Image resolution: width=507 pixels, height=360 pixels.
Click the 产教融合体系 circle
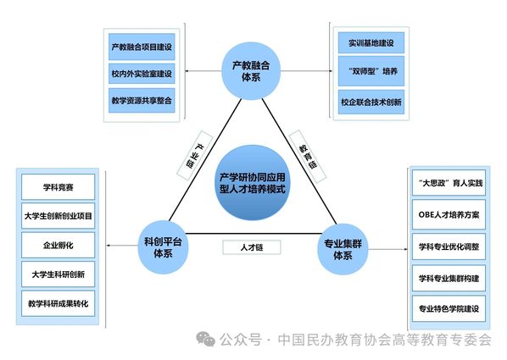point(251,71)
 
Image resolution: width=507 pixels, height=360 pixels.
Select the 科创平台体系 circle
point(163,247)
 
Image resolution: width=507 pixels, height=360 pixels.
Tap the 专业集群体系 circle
point(343,249)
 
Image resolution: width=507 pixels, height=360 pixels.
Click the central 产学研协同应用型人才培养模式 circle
point(253,183)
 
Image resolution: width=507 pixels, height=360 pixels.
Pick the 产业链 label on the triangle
point(195,155)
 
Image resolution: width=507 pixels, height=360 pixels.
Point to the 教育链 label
point(308,155)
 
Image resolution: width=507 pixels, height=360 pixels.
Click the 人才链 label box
point(252,247)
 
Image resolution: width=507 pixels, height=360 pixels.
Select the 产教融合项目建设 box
point(142,47)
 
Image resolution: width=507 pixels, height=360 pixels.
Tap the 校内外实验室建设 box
point(142,74)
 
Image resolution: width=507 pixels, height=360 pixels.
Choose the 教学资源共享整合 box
point(142,100)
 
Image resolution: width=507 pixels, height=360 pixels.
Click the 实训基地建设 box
point(371,42)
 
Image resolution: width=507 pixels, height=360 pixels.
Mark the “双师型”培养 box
point(371,71)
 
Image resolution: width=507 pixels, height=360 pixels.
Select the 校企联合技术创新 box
point(371,102)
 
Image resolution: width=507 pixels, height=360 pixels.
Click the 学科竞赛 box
point(58,187)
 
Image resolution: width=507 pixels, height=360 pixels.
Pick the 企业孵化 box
point(58,245)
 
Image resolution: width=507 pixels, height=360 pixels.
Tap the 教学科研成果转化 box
point(58,303)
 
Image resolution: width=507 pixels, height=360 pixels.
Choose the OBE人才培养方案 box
point(448,214)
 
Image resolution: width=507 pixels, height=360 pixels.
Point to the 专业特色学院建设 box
point(448,308)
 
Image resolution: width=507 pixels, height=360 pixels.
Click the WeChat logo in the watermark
point(206,339)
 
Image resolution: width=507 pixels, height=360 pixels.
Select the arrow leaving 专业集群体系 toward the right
point(388,249)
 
